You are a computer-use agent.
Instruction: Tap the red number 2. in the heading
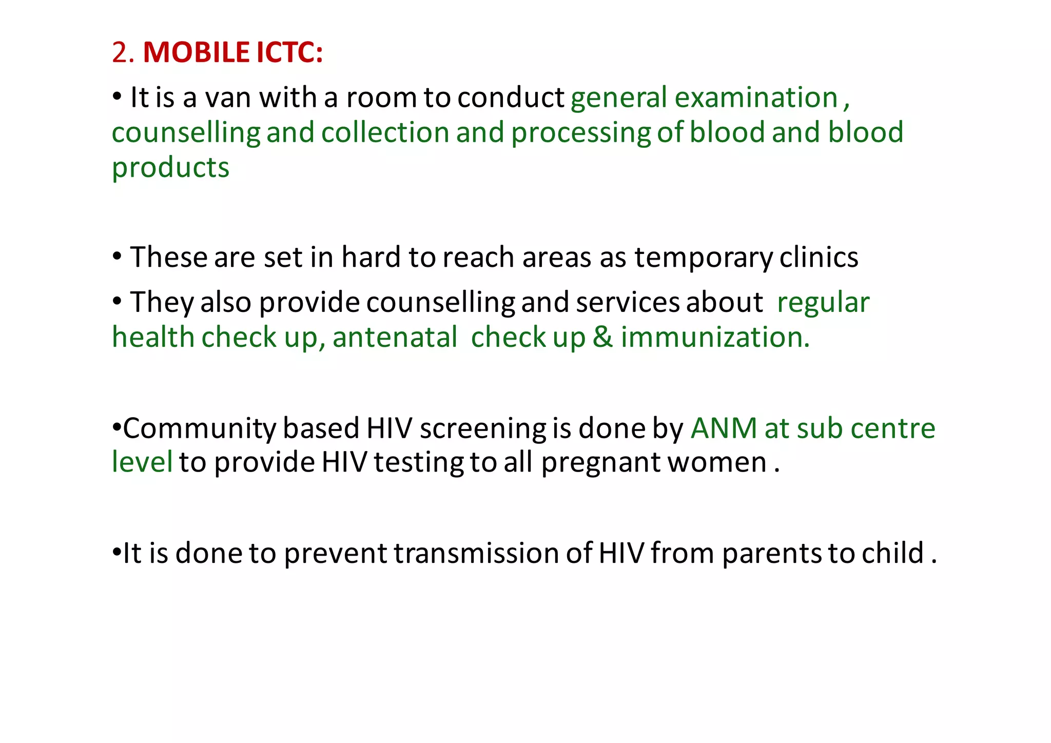pos(123,53)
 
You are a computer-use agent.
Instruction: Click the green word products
pos(170,168)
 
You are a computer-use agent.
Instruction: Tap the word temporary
pos(703,258)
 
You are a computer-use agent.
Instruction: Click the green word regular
pos(823,302)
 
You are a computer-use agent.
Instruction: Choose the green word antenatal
pos(395,338)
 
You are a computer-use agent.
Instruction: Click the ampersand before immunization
pos(602,338)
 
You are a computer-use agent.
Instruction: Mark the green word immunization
pos(715,338)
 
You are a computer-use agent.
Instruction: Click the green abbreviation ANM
pos(724,428)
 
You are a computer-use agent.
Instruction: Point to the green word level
pos(142,462)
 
